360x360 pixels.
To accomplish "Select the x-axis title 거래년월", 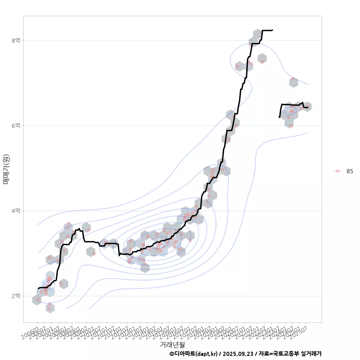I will click(x=172, y=344).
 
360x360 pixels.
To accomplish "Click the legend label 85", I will click(x=349, y=171).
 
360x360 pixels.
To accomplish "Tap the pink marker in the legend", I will click(x=337, y=171).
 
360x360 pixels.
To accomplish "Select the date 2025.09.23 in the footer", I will click(x=237, y=354).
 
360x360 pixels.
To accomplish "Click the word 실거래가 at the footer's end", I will click(x=311, y=354).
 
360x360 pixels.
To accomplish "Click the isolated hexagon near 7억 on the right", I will click(x=294, y=82).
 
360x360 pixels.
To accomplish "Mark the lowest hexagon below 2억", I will click(x=50, y=308).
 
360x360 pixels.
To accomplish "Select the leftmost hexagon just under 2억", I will click(x=37, y=300).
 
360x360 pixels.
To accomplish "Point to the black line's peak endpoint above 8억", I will click(x=273, y=30).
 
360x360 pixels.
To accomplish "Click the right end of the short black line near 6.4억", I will click(x=308, y=108).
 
